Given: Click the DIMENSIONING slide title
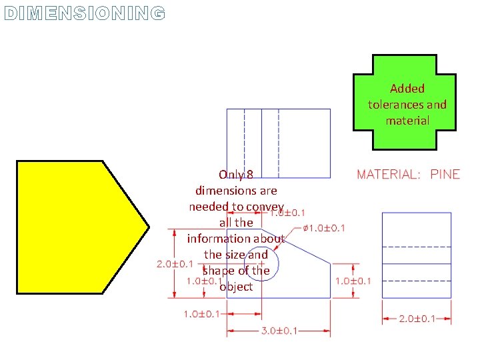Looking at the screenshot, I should tap(83, 13).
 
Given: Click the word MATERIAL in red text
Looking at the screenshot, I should tap(388, 175).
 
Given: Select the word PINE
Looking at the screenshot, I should tap(445, 175).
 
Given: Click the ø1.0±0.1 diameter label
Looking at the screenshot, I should tap(324, 229).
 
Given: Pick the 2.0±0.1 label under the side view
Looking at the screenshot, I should tap(416, 319).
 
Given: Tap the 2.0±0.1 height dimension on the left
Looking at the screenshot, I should tap(175, 264).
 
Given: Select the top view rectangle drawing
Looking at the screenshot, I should tap(279, 143).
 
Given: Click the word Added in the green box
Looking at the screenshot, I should tap(407, 89).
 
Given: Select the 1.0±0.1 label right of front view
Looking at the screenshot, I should tap(353, 281).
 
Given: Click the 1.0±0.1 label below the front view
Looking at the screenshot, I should tap(201, 314).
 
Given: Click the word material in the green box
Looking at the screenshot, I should tap(407, 121).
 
